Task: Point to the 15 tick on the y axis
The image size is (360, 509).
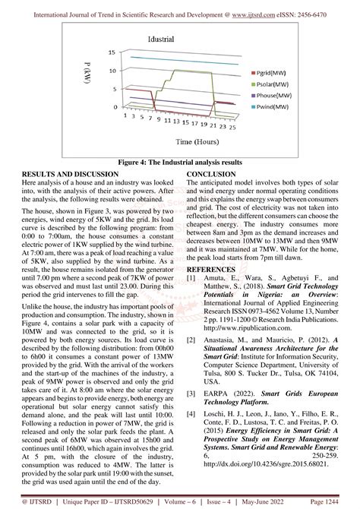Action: click(112, 52)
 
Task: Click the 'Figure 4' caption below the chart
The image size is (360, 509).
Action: click(179, 163)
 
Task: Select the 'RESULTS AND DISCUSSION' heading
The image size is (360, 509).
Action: click(70, 174)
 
